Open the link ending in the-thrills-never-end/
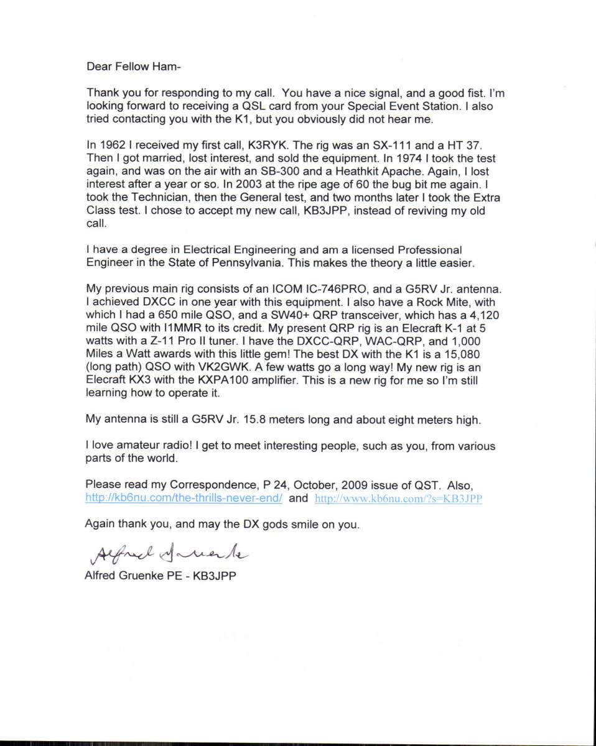(185, 498)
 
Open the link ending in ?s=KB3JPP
(399, 499)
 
